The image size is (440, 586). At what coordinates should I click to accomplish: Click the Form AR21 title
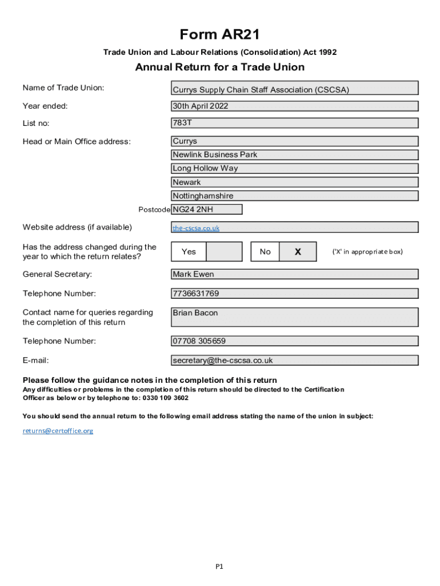click(x=220, y=35)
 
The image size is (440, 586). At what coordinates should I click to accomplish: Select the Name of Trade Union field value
click(x=295, y=89)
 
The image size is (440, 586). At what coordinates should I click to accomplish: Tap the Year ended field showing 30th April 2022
click(x=295, y=106)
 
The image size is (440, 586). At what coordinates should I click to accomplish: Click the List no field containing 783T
click(x=295, y=123)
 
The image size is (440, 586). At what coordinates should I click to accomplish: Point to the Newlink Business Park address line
click(x=295, y=155)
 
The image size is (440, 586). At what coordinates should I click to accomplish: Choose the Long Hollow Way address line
click(x=295, y=168)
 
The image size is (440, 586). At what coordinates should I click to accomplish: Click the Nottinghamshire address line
click(x=295, y=196)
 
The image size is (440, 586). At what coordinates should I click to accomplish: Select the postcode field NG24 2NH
click(x=206, y=209)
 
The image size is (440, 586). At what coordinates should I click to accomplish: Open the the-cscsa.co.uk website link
click(x=196, y=228)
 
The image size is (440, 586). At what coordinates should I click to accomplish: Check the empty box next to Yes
click(x=224, y=252)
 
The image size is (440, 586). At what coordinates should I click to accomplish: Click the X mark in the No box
click(x=298, y=252)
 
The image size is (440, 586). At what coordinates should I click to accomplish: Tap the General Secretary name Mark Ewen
click(x=295, y=274)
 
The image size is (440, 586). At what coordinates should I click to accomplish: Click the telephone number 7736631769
click(x=295, y=294)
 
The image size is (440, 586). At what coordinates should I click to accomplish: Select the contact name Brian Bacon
click(x=295, y=317)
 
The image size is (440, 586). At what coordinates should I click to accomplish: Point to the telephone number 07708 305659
click(x=295, y=341)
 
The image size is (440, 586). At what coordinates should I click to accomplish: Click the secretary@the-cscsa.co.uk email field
click(x=295, y=361)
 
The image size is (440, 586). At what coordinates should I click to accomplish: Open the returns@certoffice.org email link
click(x=58, y=430)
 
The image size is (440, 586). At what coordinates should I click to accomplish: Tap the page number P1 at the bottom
click(x=219, y=567)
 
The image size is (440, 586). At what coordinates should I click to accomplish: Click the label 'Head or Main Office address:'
click(x=77, y=141)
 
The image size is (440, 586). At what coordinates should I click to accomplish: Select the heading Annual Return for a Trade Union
click(x=220, y=68)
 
